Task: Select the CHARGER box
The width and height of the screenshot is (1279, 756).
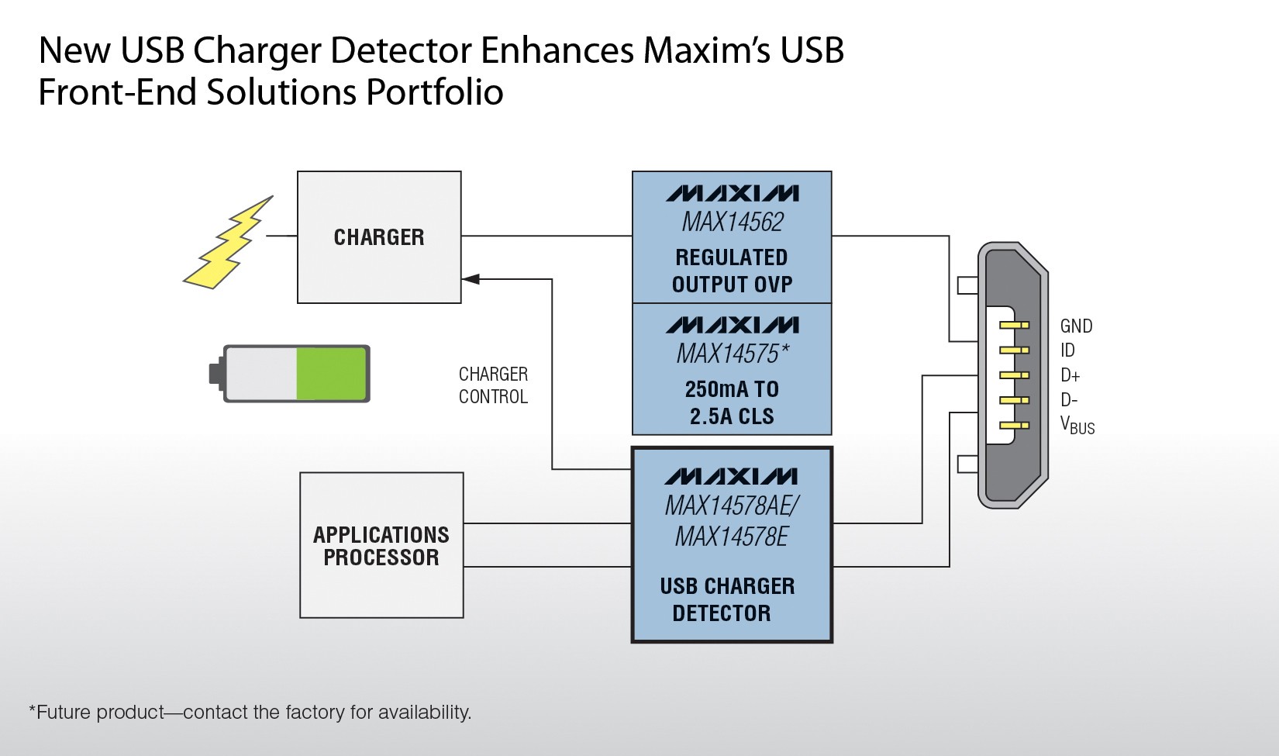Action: (x=379, y=237)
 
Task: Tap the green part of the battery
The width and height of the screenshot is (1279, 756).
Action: (x=330, y=374)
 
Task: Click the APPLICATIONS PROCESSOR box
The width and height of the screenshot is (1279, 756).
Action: (x=381, y=545)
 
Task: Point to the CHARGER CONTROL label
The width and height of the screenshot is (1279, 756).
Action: (x=493, y=385)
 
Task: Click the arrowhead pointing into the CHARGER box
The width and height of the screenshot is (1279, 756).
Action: (x=471, y=279)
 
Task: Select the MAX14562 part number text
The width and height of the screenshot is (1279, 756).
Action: (x=733, y=223)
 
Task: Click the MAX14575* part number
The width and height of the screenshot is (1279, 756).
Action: (x=733, y=354)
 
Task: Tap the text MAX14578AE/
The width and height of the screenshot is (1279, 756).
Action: (x=732, y=506)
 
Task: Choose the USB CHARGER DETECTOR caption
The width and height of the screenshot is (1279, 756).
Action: (x=727, y=599)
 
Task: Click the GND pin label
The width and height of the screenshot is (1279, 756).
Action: (x=1076, y=326)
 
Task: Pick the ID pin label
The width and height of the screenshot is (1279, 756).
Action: (x=1067, y=350)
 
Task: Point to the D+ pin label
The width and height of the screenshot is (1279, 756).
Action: (x=1070, y=376)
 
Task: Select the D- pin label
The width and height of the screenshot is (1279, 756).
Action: (x=1069, y=401)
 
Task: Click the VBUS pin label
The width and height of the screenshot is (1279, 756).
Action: (x=1077, y=426)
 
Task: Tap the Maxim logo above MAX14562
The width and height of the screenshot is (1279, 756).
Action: (x=733, y=193)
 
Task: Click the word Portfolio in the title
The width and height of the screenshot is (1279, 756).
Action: (x=434, y=92)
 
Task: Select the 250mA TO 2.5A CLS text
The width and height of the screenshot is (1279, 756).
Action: (x=733, y=403)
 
